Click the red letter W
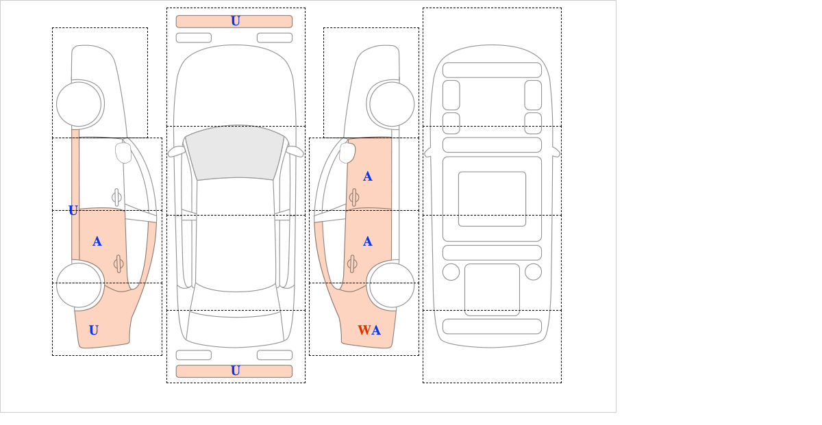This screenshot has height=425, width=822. point(364,330)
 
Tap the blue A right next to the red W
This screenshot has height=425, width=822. point(376,330)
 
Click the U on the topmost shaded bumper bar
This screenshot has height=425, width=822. point(236,21)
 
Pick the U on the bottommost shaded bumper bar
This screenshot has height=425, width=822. point(236,371)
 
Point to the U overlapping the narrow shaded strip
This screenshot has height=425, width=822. point(73,210)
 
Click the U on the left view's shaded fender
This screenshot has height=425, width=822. point(94,330)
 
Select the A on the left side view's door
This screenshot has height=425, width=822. point(97,242)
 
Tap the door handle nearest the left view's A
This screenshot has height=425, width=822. point(118,263)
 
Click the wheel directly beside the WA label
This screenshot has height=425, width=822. point(392,285)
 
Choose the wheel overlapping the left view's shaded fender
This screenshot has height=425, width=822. point(79,285)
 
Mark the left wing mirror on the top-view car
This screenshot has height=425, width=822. point(176,151)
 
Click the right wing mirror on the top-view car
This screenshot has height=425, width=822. point(295,151)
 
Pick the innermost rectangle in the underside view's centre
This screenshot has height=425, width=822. point(492,198)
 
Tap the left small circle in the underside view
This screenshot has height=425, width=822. point(451,272)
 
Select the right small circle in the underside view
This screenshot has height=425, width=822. point(533,272)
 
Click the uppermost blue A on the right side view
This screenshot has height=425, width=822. point(368,177)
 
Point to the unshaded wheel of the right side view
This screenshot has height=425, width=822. point(392,104)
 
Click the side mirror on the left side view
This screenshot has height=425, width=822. point(123,153)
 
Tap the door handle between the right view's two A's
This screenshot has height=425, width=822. point(353,197)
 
